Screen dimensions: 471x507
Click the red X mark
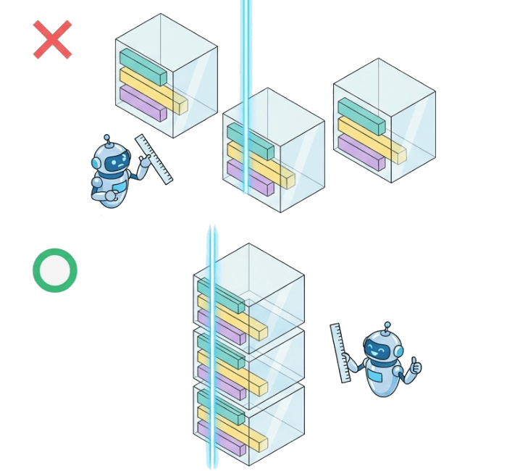[52, 40]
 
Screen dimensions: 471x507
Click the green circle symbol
[55, 270]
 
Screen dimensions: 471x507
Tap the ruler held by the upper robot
[154, 159]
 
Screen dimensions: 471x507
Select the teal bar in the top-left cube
[143, 67]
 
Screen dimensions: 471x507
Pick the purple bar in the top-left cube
[143, 103]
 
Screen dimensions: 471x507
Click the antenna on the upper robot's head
[107, 138]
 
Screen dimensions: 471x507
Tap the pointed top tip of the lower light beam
[212, 228]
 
